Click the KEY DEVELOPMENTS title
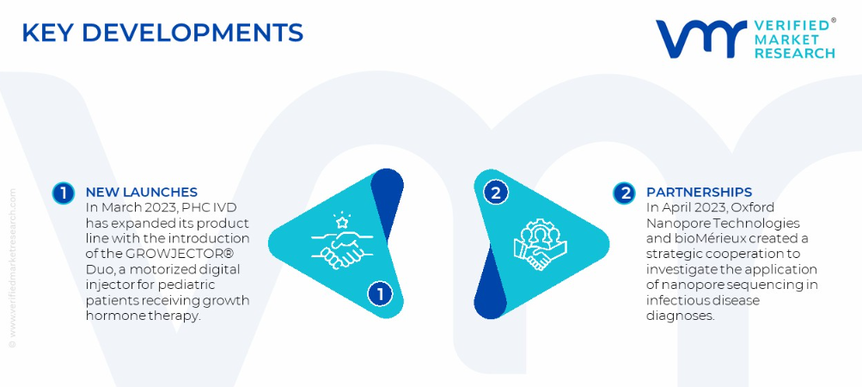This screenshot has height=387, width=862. [162, 33]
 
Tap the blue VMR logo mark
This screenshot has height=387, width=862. [701, 39]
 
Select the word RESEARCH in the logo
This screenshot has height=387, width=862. [794, 52]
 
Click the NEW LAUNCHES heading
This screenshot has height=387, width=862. [141, 192]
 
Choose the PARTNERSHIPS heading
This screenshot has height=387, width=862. [700, 192]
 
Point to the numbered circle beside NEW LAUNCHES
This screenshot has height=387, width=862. [64, 193]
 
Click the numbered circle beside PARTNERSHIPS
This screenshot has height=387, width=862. [625, 193]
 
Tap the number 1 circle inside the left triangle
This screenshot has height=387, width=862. [380, 294]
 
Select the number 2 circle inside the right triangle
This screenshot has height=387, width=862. [496, 193]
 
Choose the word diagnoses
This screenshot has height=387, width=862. [681, 316]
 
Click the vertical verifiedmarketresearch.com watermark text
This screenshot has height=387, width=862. [13, 268]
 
